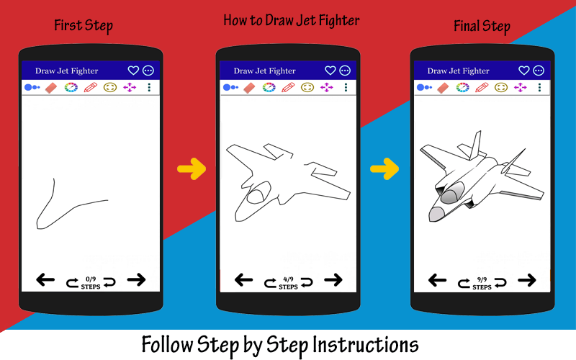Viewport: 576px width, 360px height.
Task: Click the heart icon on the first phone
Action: pyautogui.click(x=133, y=70)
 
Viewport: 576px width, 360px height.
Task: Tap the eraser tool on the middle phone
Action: pyautogui.click(x=249, y=87)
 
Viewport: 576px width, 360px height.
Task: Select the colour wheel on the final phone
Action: pyautogui.click(x=462, y=87)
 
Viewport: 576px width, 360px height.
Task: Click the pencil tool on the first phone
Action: pyautogui.click(x=91, y=87)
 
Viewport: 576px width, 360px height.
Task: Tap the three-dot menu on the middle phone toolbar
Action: pyautogui.click(x=346, y=87)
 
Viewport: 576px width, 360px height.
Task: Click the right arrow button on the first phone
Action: pyautogui.click(x=136, y=280)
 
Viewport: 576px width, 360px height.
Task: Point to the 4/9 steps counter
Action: pyautogui.click(x=289, y=283)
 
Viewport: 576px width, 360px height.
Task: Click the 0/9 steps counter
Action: pyautogui.click(x=91, y=283)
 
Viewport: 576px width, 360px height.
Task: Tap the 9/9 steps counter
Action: pyautogui.click(x=482, y=283)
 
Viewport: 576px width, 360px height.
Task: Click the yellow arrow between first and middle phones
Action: pyautogui.click(x=192, y=169)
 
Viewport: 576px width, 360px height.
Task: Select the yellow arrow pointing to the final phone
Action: pyautogui.click(x=384, y=169)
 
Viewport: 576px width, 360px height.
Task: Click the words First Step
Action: pyautogui.click(x=84, y=26)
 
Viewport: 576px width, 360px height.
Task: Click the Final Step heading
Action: pyautogui.click(x=482, y=27)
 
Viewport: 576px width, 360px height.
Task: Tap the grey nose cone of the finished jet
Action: pyautogui.click(x=436, y=214)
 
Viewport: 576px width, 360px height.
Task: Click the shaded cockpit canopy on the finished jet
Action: pyautogui.click(x=452, y=193)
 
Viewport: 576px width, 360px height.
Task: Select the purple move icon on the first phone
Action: pyautogui.click(x=130, y=87)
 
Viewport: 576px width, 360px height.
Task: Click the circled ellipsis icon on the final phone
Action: pyautogui.click(x=539, y=70)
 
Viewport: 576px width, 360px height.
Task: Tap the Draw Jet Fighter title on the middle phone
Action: pyautogui.click(x=264, y=71)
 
